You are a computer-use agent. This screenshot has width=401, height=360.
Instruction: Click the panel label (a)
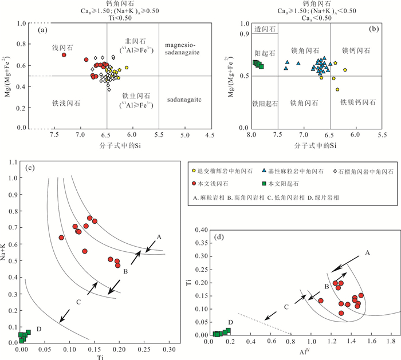(x=42, y=29)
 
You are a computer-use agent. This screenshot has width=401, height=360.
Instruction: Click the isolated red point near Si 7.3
(x=64, y=55)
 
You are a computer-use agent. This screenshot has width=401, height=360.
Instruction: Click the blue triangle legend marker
(x=263, y=171)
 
